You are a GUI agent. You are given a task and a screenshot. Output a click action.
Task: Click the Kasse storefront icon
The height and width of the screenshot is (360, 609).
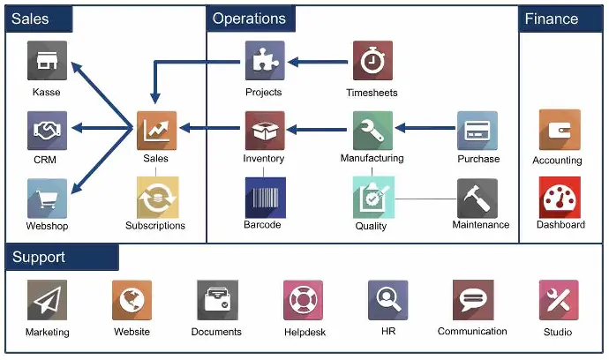tap(47, 61)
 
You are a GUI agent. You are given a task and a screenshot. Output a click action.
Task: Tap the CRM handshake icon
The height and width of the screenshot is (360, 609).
tap(47, 131)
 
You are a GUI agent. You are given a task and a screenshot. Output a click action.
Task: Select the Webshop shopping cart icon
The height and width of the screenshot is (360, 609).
tap(47, 198)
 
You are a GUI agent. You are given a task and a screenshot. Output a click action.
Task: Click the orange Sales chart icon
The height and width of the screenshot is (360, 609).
tap(156, 131)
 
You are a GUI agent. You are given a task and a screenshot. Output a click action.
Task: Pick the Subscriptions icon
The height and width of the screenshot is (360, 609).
tap(156, 197)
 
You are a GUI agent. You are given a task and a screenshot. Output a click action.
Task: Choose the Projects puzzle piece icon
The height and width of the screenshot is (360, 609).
tap(264, 61)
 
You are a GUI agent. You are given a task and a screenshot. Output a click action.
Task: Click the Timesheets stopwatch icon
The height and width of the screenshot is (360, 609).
tap(372, 61)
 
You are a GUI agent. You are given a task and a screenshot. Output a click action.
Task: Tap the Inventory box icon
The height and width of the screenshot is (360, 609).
tap(264, 131)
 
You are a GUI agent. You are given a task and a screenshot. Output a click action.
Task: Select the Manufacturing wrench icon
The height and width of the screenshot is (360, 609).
tap(372, 131)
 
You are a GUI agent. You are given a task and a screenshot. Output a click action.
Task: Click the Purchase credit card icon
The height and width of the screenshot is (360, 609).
tap(477, 131)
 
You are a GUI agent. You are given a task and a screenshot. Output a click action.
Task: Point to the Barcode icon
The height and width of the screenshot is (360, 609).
tap(263, 197)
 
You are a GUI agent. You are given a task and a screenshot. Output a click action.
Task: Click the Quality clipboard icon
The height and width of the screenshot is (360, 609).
tap(372, 197)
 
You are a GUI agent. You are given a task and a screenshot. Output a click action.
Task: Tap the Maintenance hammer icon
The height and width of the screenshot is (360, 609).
tap(477, 198)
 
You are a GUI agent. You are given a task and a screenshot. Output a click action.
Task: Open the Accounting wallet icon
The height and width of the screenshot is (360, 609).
tap(559, 131)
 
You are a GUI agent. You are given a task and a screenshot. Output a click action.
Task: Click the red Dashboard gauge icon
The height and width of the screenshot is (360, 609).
tap(560, 197)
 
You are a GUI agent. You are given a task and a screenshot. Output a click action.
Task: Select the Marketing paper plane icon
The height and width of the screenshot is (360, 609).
tap(47, 301)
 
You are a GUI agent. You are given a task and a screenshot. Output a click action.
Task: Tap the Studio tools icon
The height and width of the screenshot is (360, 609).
tap(559, 301)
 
